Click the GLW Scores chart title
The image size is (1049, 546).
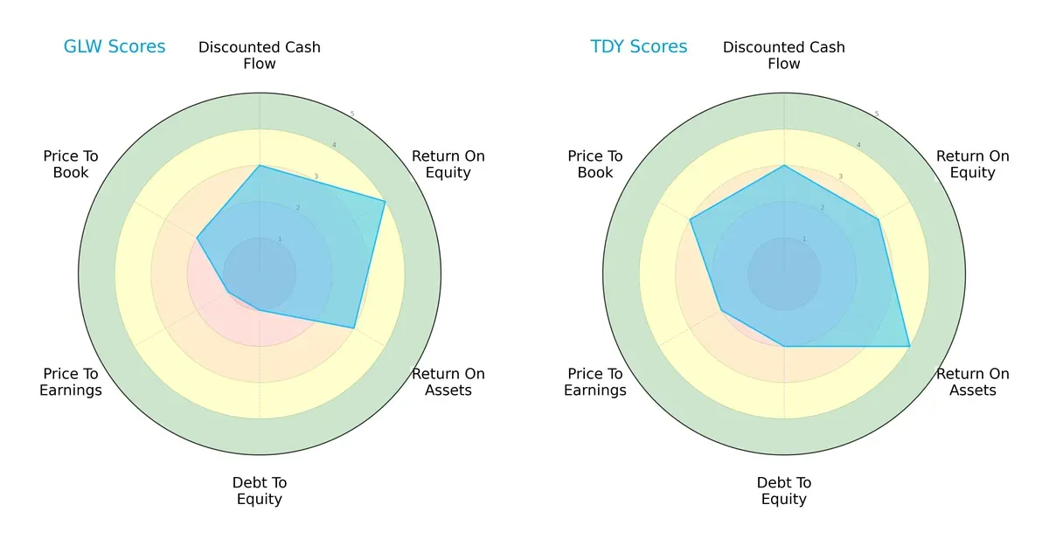pyautogui.click(x=115, y=47)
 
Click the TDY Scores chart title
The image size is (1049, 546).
pyautogui.click(x=639, y=47)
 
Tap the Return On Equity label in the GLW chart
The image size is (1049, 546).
pyautogui.click(x=448, y=164)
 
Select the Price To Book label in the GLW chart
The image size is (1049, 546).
pyautogui.click(x=71, y=164)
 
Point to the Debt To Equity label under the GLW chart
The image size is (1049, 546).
pyautogui.click(x=260, y=491)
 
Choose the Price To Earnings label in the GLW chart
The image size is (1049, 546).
pyautogui.click(x=71, y=382)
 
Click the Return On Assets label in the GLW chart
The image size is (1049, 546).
pyautogui.click(x=448, y=382)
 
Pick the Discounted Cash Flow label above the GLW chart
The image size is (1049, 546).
pyautogui.click(x=260, y=55)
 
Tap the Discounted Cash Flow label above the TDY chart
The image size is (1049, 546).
pyautogui.click(x=784, y=55)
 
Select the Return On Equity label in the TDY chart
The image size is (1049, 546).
pyautogui.click(x=972, y=164)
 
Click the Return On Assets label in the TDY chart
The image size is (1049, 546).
pyautogui.click(x=972, y=382)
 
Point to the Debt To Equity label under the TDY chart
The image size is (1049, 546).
pyautogui.click(x=784, y=491)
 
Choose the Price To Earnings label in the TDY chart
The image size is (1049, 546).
pyautogui.click(x=595, y=382)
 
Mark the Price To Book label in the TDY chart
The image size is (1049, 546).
pyautogui.click(x=595, y=164)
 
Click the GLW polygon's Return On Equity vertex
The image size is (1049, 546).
pyautogui.click(x=386, y=201)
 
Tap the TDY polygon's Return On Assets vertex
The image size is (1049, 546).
pyautogui.click(x=909, y=346)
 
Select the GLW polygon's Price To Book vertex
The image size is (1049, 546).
pyautogui.click(x=198, y=238)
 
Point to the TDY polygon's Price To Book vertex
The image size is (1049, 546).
pyautogui.click(x=691, y=219)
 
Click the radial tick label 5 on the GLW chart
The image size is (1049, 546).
pyautogui.click(x=352, y=114)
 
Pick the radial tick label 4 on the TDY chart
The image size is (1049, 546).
pyautogui.click(x=858, y=145)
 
